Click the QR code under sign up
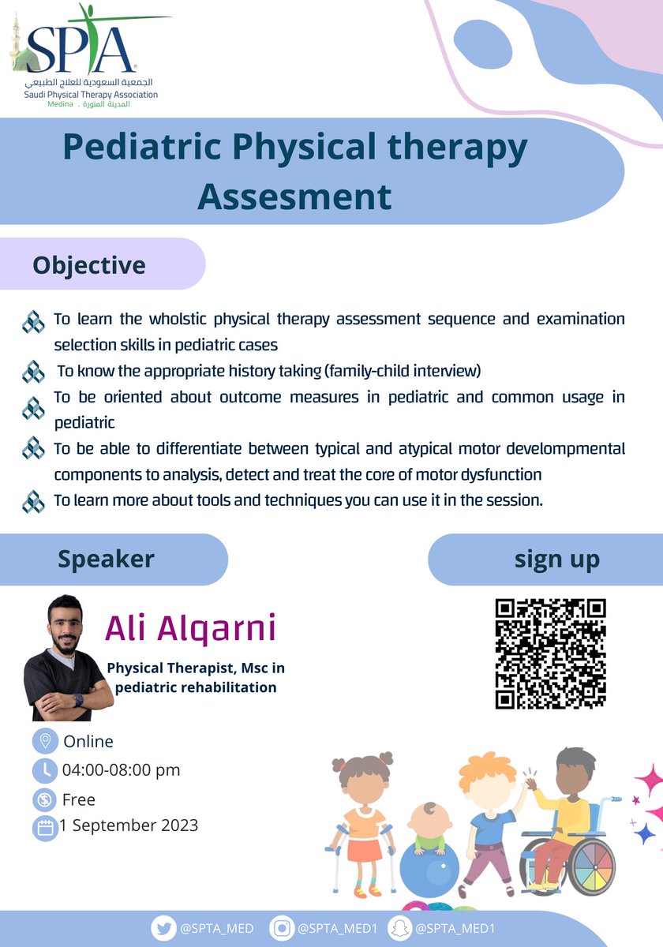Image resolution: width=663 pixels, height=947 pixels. [x=551, y=653]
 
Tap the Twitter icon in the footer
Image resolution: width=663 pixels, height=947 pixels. [x=163, y=928]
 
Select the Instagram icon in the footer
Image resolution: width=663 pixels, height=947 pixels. [x=281, y=928]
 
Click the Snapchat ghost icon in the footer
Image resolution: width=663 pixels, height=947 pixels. [x=399, y=928]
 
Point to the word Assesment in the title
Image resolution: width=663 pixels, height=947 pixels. [x=294, y=197]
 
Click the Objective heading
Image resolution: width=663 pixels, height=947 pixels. [x=89, y=265]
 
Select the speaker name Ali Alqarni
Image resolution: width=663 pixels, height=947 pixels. [x=190, y=629]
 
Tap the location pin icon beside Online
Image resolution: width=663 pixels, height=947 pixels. [x=45, y=741]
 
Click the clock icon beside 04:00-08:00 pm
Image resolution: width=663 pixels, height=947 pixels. [x=45, y=770]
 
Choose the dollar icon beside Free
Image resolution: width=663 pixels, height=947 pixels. [x=45, y=799]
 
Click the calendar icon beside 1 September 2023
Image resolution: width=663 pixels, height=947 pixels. [x=45, y=828]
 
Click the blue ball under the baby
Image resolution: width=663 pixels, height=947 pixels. [x=429, y=870]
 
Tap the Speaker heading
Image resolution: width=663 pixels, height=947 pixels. [x=106, y=559]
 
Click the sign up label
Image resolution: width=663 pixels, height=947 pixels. [x=557, y=560]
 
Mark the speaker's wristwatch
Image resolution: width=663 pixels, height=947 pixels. [x=79, y=700]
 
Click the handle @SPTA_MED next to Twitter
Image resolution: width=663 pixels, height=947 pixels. [x=216, y=928]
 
